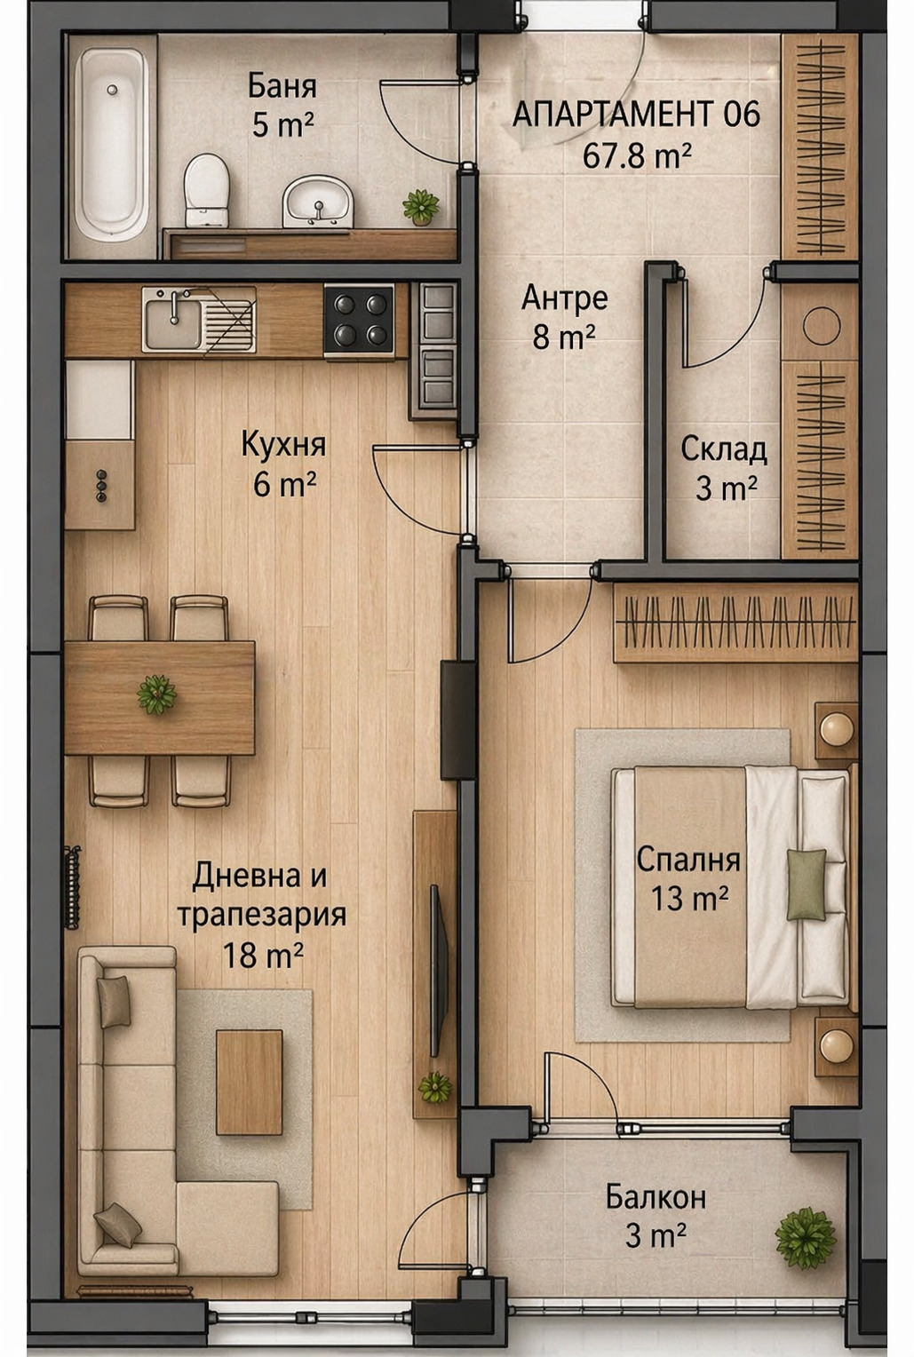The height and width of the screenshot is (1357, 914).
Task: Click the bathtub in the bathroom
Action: [110, 145]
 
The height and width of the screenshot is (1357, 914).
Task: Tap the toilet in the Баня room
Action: [206, 190]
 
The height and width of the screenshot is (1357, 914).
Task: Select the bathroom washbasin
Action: [318, 201]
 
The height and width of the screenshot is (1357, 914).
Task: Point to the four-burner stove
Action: [359, 320]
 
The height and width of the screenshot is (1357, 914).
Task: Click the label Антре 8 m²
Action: [564, 317]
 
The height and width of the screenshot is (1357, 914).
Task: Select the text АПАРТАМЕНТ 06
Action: [636, 115]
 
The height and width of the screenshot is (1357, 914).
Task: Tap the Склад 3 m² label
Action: [724, 468]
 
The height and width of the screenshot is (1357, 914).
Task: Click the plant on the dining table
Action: [156, 694]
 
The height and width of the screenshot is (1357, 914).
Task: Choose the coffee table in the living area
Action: [250, 1082]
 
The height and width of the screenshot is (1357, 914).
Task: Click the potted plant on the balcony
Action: [805, 1237]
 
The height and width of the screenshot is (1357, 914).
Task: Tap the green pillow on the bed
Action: [807, 885]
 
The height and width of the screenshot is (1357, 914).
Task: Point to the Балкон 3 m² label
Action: [656, 1216]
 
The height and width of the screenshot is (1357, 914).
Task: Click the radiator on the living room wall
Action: [72, 887]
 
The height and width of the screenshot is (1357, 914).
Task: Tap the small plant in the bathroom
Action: [421, 207]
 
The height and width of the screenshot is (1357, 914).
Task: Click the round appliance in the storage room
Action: [821, 326]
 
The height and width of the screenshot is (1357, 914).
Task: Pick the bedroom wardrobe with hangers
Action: [735, 622]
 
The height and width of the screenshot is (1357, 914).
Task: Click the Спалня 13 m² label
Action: [688, 878]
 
